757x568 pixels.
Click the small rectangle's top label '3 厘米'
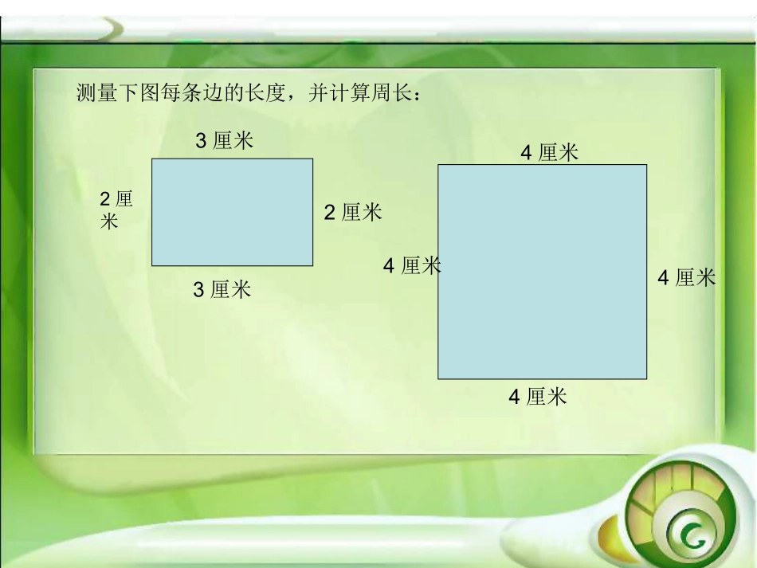tap(225, 141)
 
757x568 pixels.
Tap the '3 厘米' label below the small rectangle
tap(222, 289)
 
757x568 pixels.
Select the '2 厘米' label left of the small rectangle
tap(116, 210)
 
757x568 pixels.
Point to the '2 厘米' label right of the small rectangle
tap(352, 213)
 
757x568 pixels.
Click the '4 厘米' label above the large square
tap(549, 152)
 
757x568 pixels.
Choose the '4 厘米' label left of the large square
tap(411, 265)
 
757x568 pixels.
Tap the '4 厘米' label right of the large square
tap(686, 277)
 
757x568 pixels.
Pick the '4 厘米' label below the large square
tap(538, 396)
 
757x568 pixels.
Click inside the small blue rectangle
tap(232, 212)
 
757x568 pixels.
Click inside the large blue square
tap(542, 272)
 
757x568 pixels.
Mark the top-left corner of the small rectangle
tap(152, 159)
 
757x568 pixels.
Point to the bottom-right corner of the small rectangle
tap(312, 265)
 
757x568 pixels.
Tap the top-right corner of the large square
tap(646, 165)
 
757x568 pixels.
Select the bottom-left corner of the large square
tap(438, 378)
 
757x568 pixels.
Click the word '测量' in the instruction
tap(96, 93)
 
